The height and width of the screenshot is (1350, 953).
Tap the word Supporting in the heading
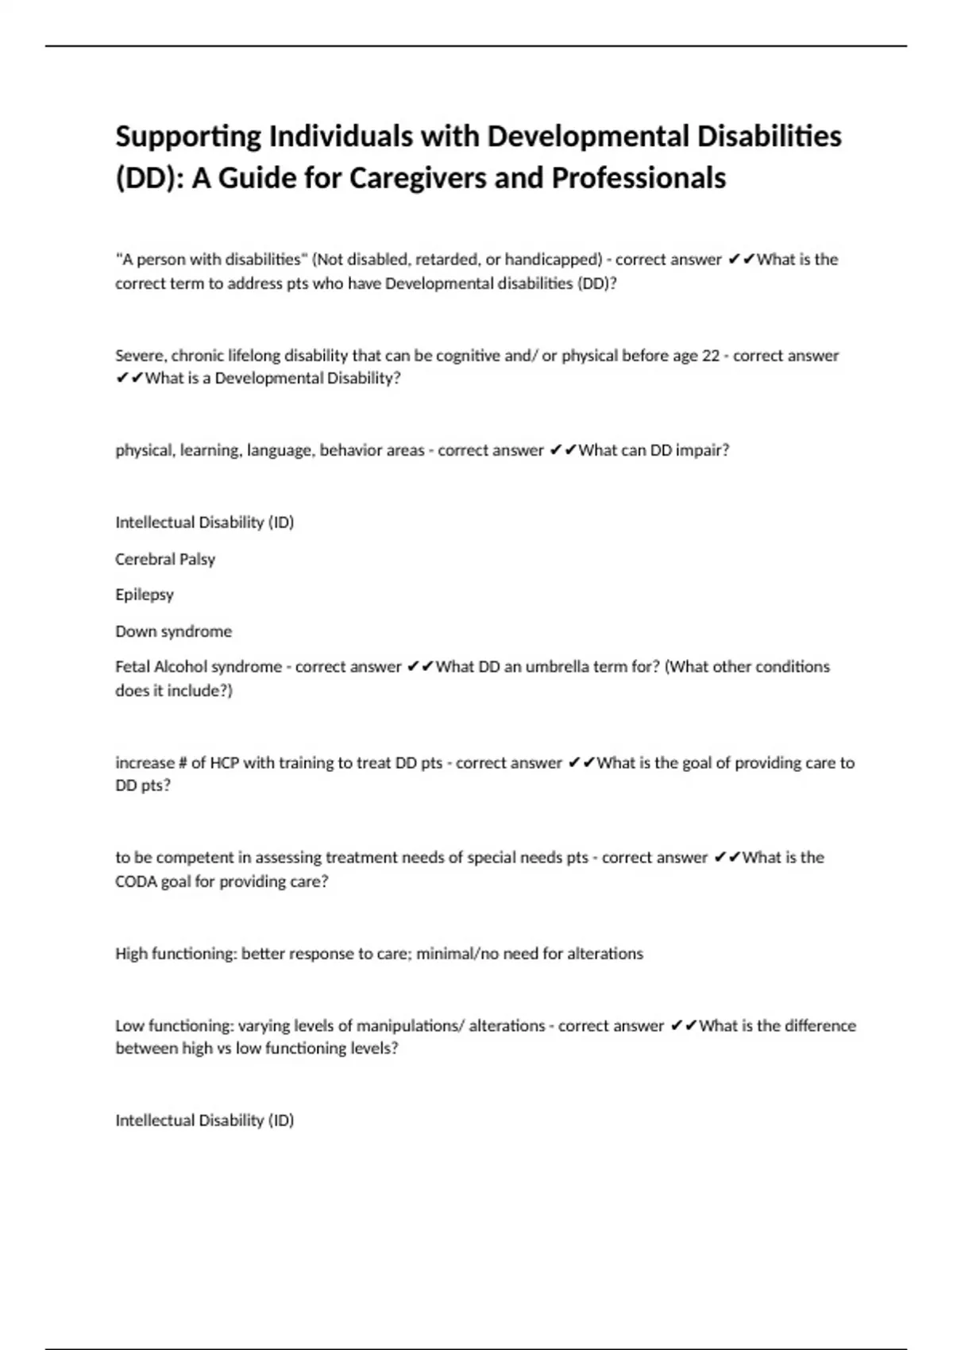[188, 137]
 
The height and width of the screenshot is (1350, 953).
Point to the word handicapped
[554, 260]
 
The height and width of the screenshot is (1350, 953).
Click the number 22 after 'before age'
[711, 356]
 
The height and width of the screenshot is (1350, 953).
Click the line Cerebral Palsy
[165, 559]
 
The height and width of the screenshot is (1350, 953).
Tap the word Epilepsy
[145, 595]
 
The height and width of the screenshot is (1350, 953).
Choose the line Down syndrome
[174, 631]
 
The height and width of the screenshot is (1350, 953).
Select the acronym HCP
[224, 763]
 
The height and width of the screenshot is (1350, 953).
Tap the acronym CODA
[136, 881]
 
